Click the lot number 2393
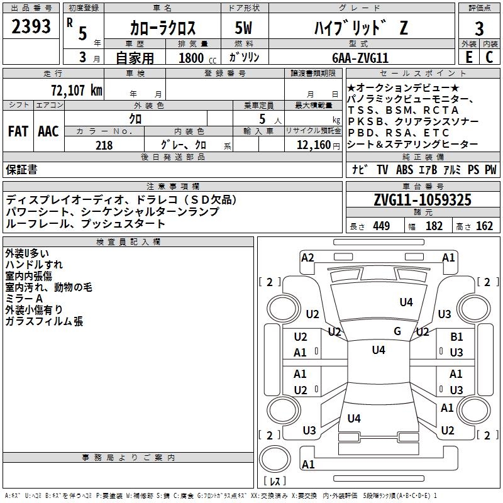31,26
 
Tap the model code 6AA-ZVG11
360,58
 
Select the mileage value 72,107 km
77,91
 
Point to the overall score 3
479,29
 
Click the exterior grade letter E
469,57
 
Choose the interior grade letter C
489,57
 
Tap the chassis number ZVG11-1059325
423,200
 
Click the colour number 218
104,145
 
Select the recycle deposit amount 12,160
313,145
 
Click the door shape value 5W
243,28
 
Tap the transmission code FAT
18,131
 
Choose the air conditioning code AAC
48,131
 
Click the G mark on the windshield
397,331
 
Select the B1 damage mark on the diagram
456,336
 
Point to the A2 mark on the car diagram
307,258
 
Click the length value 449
382,226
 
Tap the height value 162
484,226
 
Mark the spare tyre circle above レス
275,459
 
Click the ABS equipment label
404,170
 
